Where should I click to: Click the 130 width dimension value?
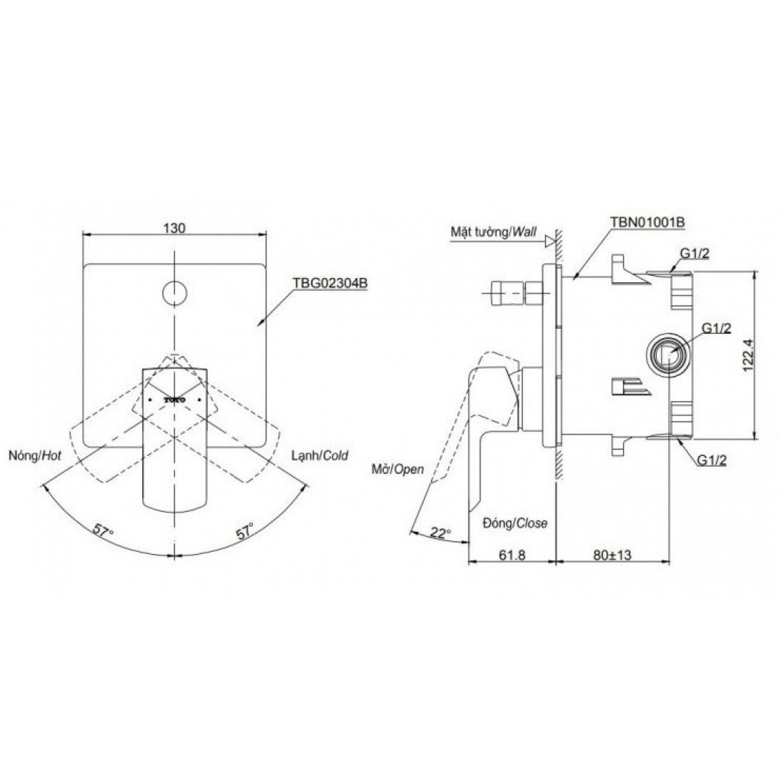coord(174,227)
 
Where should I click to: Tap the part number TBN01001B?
coord(647,222)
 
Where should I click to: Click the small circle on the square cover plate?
coord(174,292)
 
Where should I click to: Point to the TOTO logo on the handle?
coord(174,400)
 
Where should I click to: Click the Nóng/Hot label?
coord(35,455)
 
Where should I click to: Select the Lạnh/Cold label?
coord(319,455)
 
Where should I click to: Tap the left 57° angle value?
coord(104,530)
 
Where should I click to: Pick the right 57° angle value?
coord(245,530)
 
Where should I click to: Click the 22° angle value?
coord(440,533)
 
